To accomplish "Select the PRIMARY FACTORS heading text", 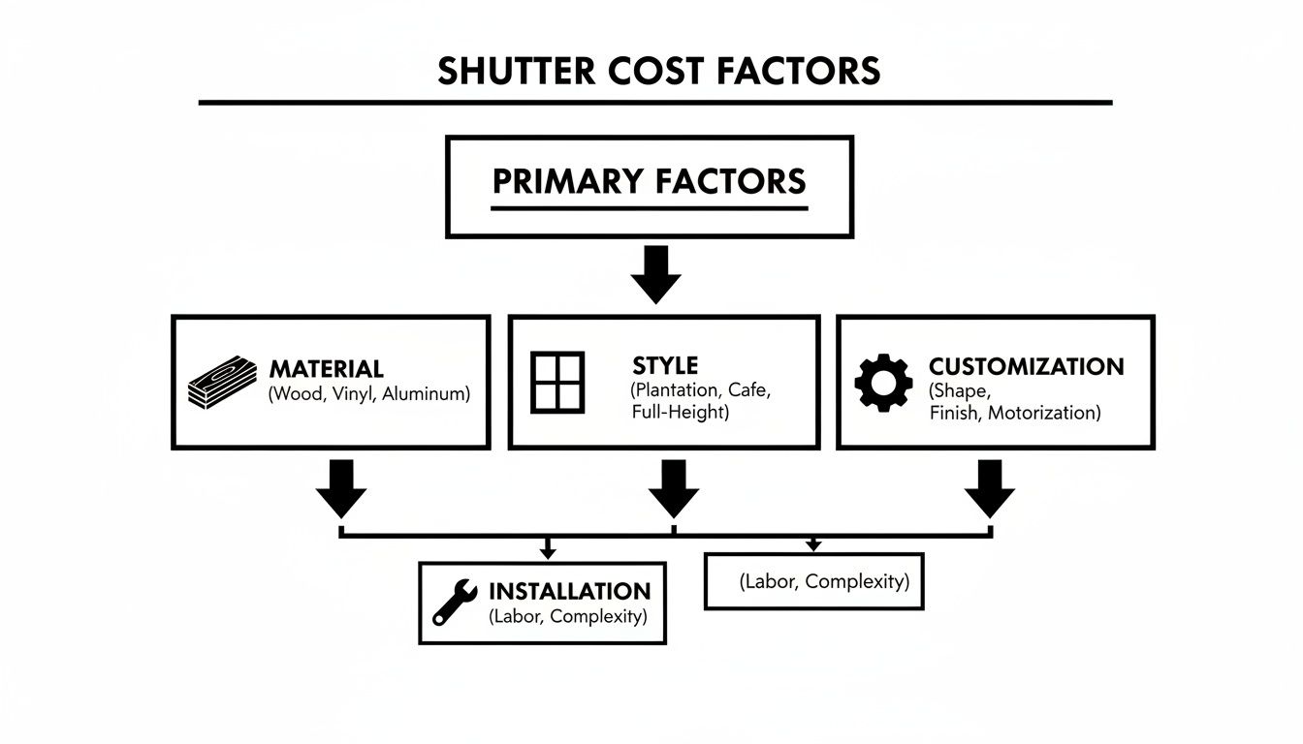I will pos(649,182).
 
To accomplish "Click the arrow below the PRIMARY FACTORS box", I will pos(655,274).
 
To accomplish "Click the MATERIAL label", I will pos(326,369).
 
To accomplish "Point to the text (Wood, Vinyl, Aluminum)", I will pos(369,394).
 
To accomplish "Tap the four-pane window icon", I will pos(558,381).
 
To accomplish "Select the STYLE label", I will pos(664,366).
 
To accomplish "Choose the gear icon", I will pos(883,382).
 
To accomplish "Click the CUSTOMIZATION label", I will pos(1026,367).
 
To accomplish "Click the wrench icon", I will pos(453,602).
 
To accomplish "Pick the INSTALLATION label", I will pos(569,592).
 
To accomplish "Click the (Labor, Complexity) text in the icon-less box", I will pos(824,581).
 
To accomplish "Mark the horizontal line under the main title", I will pos(655,102).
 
